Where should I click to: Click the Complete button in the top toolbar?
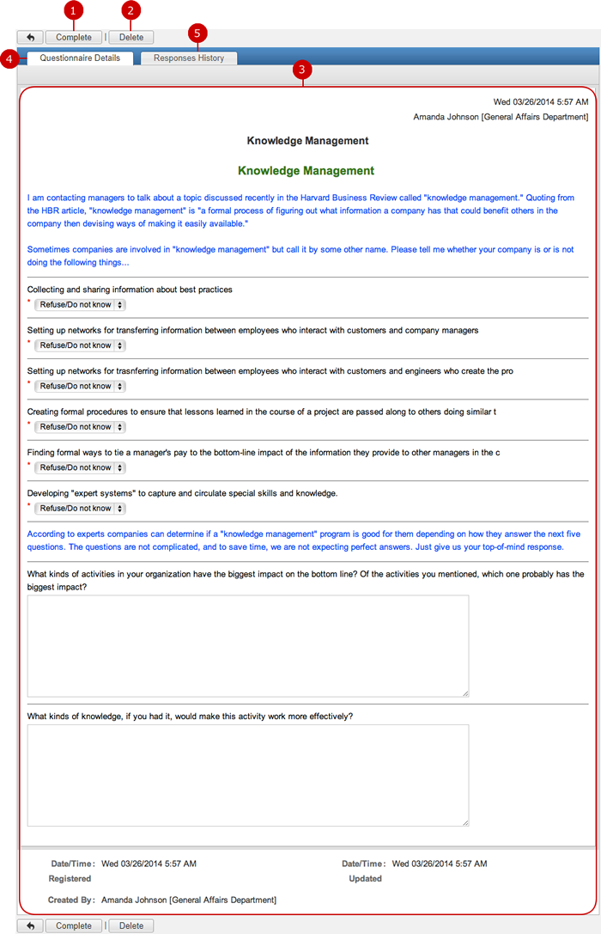(x=73, y=38)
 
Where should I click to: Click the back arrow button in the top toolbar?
(x=30, y=38)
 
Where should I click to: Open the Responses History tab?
(x=189, y=58)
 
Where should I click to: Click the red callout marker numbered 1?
(x=74, y=10)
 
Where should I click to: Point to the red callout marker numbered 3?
(x=302, y=70)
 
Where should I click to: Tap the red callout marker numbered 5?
(x=197, y=34)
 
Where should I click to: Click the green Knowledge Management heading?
(x=306, y=171)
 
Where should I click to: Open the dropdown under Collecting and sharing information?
(x=81, y=305)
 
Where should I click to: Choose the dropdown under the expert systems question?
(x=81, y=509)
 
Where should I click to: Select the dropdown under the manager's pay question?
(x=81, y=468)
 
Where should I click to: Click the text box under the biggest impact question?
(x=248, y=645)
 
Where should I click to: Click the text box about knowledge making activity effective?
(x=248, y=775)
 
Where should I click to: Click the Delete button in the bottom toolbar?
(x=131, y=925)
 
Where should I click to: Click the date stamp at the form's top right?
(x=541, y=101)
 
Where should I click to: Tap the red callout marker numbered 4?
(x=9, y=58)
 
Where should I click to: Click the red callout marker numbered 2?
(x=131, y=10)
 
